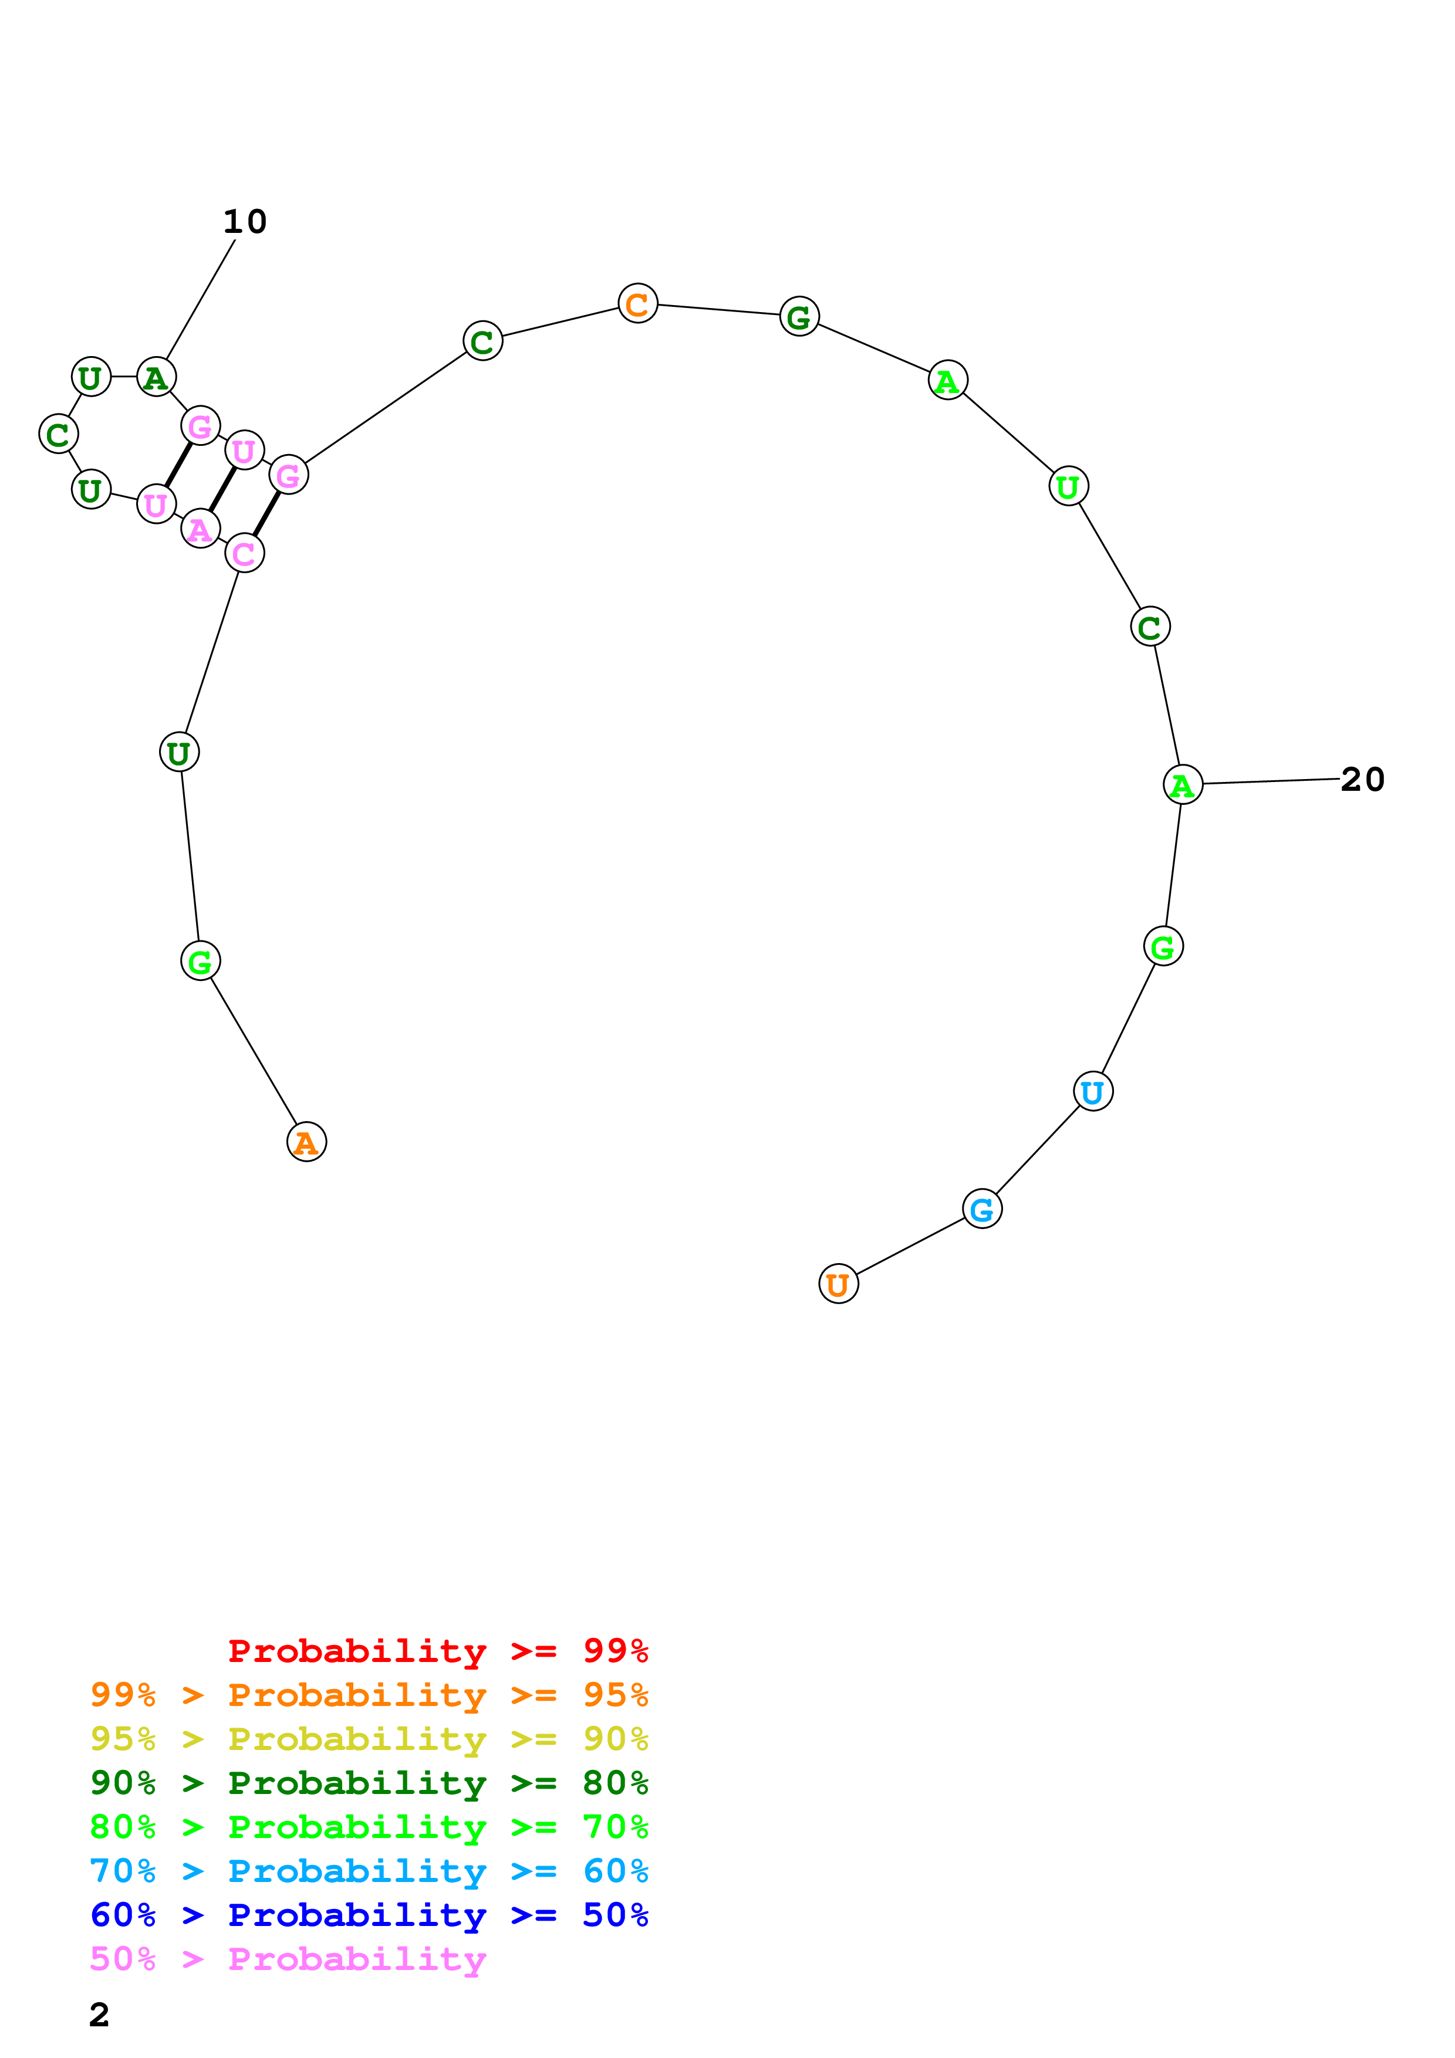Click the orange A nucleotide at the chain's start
click(x=306, y=1142)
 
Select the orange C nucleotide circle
click(x=637, y=304)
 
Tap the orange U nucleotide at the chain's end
click(x=838, y=1284)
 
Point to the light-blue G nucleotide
click(x=982, y=1209)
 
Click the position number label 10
click(x=245, y=221)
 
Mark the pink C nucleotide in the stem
click(x=244, y=553)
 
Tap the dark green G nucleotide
click(x=799, y=316)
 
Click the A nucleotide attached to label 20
click(x=1183, y=785)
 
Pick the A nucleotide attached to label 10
click(x=156, y=377)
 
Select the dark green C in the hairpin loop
click(x=58, y=434)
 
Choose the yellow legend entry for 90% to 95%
click(x=369, y=1739)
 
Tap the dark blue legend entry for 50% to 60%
click(x=369, y=1915)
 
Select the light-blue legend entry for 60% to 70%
click(x=369, y=1871)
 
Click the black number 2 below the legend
click(x=100, y=2015)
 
